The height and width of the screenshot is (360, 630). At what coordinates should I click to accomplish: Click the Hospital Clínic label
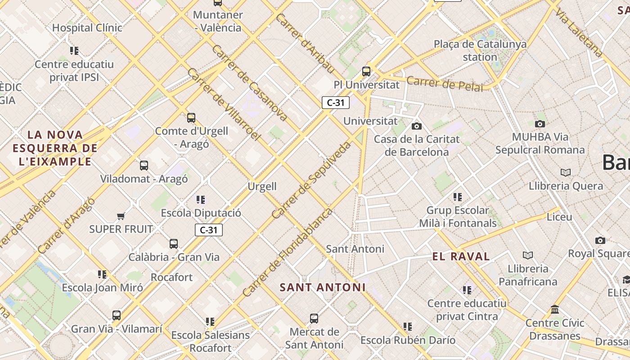click(87, 28)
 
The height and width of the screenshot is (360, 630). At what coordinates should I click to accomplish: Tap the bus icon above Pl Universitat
click(366, 71)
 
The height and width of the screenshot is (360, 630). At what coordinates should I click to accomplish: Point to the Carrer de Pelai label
click(444, 84)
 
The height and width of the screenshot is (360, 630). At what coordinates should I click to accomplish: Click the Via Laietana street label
click(579, 32)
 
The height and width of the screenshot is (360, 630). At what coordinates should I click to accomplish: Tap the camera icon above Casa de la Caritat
click(417, 126)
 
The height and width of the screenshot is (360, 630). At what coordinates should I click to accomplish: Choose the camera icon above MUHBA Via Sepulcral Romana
click(540, 124)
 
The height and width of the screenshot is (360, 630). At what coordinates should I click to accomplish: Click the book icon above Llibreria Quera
click(566, 172)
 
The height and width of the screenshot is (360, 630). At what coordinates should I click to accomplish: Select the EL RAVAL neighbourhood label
click(461, 257)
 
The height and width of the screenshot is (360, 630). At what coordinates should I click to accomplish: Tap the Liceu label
click(559, 217)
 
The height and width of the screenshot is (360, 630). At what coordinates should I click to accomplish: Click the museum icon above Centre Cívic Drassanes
click(555, 310)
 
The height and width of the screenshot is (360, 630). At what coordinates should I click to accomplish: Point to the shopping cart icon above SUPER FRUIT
click(121, 216)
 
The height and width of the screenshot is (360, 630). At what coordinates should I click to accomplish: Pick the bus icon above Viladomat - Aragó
click(144, 166)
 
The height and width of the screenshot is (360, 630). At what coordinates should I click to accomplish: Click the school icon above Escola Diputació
click(201, 199)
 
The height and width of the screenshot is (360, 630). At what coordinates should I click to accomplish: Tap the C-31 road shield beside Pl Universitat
click(336, 103)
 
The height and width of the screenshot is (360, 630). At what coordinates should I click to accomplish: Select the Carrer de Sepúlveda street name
click(311, 180)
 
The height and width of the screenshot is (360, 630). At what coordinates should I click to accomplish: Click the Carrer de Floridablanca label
click(287, 252)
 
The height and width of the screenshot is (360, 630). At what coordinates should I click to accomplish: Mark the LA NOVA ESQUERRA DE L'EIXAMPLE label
click(55, 148)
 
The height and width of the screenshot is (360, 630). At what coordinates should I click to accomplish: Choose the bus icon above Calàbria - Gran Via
click(174, 244)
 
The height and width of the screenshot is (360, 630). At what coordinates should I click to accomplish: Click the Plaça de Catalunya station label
click(480, 50)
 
